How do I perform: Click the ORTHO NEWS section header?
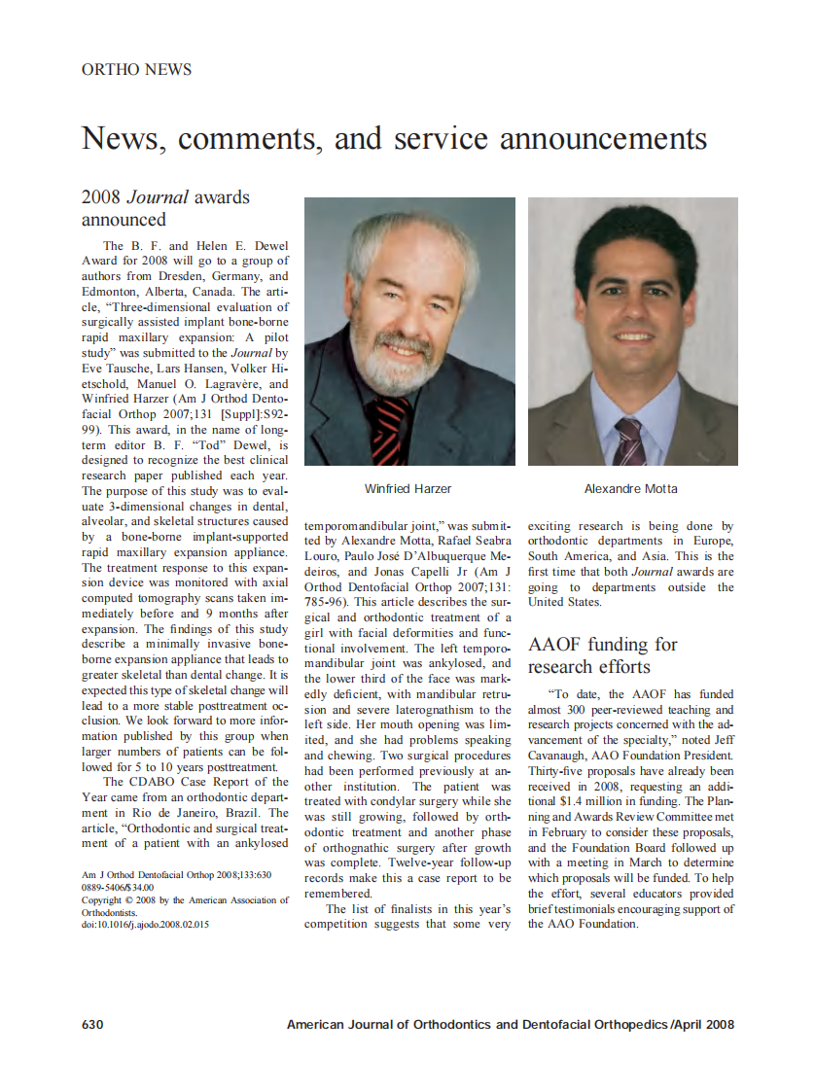(x=136, y=69)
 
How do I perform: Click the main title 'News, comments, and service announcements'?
(x=394, y=138)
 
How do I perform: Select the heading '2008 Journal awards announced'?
(x=165, y=208)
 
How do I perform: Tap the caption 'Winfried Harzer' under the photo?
(x=407, y=488)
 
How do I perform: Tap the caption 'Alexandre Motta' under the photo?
(x=631, y=488)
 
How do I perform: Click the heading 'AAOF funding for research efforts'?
(x=602, y=655)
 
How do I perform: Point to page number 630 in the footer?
(x=91, y=1024)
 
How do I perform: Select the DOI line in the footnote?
(x=146, y=925)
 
